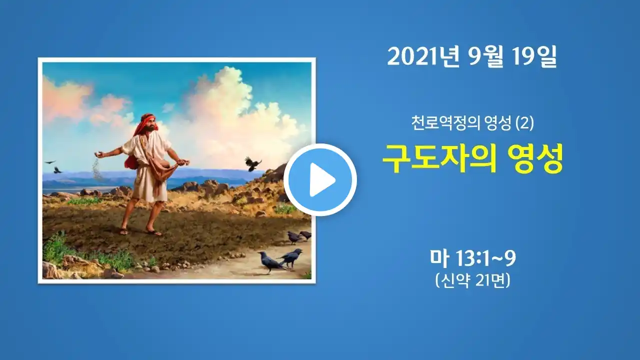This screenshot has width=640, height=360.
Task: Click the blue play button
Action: [320, 179]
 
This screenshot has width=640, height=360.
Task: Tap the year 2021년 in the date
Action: [423, 57]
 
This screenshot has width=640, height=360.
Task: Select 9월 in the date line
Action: [484, 57]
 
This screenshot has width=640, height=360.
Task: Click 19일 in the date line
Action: [534, 57]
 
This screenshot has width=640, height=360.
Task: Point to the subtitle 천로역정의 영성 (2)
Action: [472, 123]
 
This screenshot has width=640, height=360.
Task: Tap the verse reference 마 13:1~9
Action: [473, 258]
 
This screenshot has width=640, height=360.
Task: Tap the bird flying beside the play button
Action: [252, 163]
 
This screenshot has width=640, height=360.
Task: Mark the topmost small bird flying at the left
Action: [50, 162]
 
